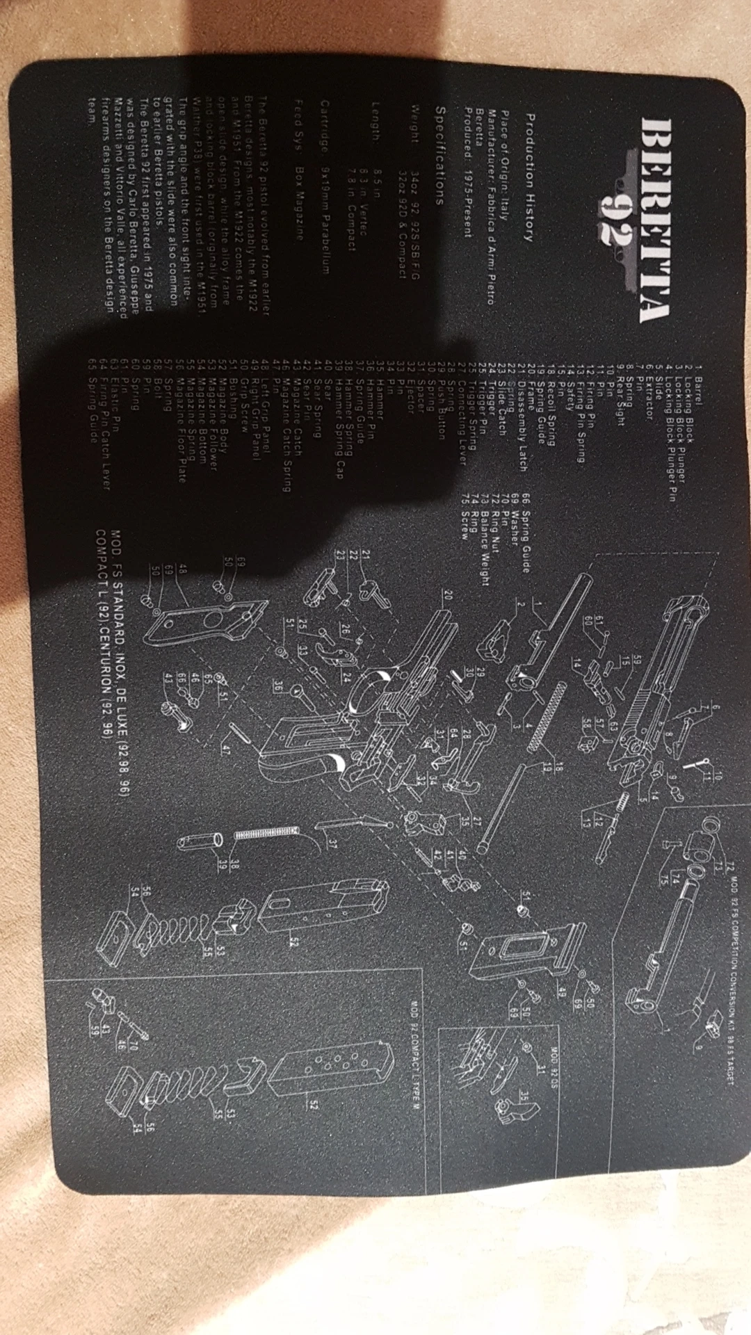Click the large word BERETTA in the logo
654,220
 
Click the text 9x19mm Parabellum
324,220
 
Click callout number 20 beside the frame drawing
448,594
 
